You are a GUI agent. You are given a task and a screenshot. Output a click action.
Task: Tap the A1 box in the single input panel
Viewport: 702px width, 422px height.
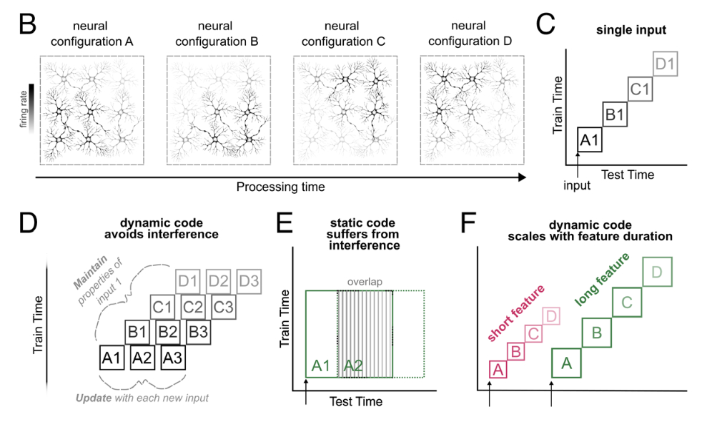point(590,139)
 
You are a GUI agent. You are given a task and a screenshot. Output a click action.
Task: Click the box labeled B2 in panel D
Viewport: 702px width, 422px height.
point(168,333)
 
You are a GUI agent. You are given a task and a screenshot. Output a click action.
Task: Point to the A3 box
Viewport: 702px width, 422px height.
point(172,358)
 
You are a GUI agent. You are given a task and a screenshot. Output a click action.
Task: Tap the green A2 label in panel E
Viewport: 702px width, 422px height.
point(353,366)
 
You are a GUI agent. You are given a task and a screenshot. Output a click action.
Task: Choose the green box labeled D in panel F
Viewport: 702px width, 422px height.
point(658,272)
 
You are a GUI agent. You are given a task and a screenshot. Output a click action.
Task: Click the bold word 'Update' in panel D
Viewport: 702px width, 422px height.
point(93,396)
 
